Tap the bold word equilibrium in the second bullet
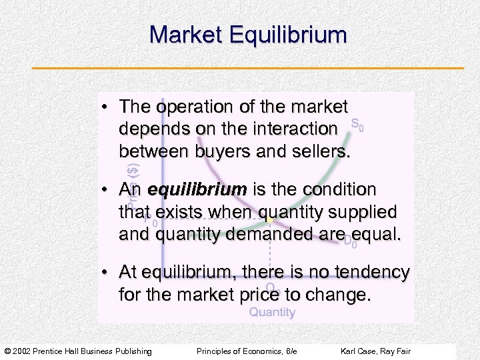197,190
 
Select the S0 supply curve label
357,125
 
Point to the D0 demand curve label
350,242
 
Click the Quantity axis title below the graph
272,312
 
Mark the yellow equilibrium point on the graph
269,218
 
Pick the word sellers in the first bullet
316,151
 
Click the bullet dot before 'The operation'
106,107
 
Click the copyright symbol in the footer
7,351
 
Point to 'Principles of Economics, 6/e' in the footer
247,351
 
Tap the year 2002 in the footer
21,351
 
